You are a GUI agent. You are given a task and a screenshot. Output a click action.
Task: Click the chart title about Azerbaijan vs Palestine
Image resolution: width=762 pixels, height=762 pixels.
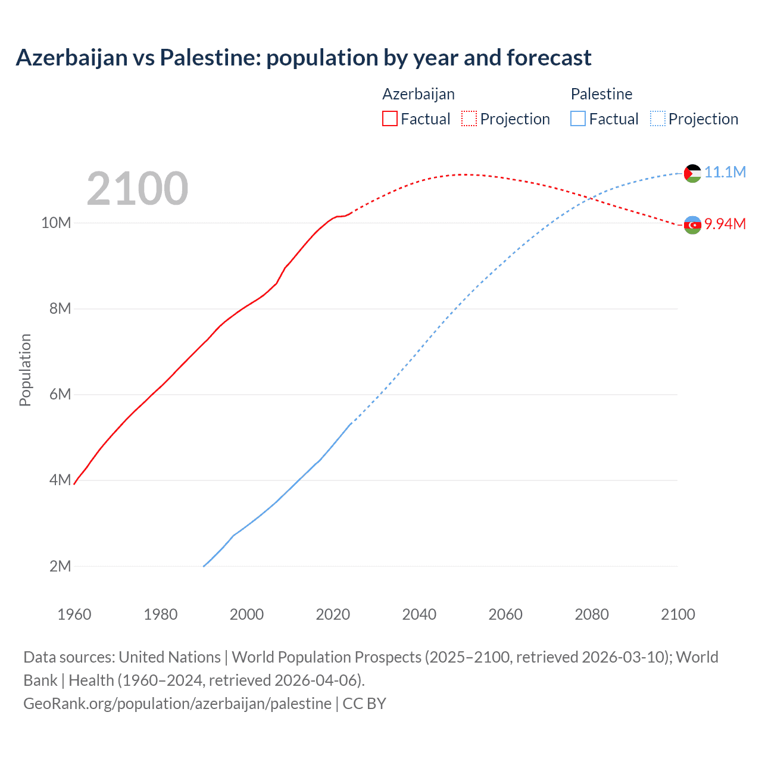[304, 58]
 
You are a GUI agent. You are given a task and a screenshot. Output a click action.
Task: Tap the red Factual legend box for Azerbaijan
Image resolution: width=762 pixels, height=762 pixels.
[389, 118]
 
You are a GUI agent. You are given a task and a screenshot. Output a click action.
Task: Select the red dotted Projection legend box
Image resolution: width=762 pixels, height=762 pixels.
[469, 118]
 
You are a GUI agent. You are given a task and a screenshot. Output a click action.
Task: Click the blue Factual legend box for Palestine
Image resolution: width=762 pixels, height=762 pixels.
[577, 118]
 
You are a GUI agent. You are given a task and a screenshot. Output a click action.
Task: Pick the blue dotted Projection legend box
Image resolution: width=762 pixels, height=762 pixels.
[657, 118]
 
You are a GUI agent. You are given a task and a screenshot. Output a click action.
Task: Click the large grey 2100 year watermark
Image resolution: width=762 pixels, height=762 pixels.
[138, 189]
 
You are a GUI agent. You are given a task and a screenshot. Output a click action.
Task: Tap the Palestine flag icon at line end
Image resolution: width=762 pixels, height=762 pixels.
[692, 173]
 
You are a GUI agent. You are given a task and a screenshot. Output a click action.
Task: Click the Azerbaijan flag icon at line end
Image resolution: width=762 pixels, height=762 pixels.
[692, 225]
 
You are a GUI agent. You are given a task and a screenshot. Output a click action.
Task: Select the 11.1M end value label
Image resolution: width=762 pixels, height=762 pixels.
[725, 172]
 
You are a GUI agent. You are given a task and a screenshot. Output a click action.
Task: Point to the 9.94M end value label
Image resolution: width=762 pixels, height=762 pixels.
[725, 224]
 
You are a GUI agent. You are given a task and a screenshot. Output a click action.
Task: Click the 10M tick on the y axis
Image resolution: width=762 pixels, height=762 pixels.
[56, 223]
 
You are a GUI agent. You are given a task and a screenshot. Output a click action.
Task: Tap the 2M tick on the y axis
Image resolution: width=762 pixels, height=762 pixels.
[60, 566]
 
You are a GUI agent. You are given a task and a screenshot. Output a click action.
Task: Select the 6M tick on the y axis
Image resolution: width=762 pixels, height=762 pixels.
[60, 394]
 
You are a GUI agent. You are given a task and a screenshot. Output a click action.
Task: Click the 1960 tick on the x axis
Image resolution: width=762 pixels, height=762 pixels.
[74, 614]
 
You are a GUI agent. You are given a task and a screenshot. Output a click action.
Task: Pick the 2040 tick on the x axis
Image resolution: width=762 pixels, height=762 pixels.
[419, 614]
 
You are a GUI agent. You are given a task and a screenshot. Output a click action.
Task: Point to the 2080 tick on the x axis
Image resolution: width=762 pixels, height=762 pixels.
[592, 614]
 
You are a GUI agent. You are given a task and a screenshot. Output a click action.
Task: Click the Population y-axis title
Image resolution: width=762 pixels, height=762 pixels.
[25, 370]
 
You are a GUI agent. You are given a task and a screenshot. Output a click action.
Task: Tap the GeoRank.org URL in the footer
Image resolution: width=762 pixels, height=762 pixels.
[177, 704]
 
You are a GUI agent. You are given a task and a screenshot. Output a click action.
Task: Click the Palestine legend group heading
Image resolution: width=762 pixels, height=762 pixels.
[601, 94]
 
